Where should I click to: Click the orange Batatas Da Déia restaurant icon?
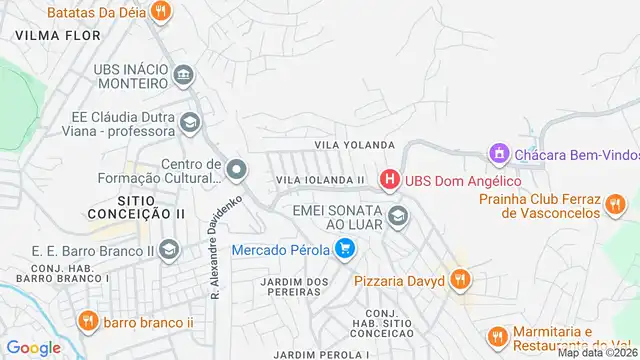point(160,12)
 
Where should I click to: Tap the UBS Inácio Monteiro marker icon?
point(183,75)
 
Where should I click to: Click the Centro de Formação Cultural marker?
point(236,170)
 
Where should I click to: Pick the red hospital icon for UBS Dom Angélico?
point(389,181)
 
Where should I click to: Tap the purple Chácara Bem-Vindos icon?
point(498,154)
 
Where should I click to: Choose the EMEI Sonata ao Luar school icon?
point(398,215)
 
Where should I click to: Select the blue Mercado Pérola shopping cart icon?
point(345,249)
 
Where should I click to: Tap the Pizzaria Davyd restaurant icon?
point(459,280)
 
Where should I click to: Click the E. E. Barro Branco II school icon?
point(169,248)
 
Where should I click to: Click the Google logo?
point(34,347)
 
